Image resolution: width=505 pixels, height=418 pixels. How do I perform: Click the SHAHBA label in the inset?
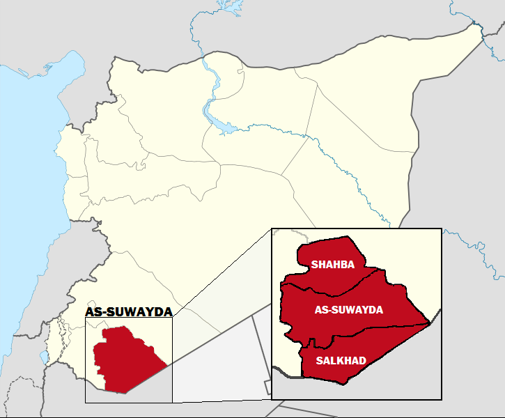[333, 265]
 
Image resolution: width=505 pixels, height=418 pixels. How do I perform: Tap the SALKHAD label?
[341, 361]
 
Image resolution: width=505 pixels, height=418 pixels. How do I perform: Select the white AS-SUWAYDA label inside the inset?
[349, 310]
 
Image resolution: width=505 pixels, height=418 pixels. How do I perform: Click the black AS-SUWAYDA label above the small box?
[129, 312]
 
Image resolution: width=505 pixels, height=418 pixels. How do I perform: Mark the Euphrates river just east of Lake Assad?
[265, 127]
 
